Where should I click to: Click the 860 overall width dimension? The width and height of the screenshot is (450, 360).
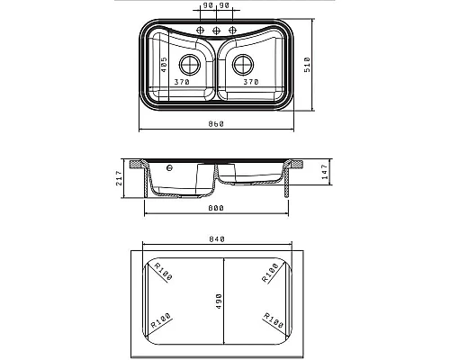coord(216,123)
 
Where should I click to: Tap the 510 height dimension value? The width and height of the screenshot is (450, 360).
coord(308,65)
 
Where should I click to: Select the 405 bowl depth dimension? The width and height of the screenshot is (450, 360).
coord(164,65)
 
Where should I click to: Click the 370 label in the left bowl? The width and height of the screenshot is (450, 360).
coord(182,82)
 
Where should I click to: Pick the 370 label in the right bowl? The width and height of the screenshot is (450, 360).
coord(251,82)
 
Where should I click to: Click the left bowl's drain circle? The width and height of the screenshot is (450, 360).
coord(190,65)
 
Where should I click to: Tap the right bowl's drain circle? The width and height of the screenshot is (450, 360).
coord(243,65)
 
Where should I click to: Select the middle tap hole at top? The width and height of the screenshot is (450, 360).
coord(216,31)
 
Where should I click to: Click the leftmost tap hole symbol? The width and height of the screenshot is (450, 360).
coord(200,31)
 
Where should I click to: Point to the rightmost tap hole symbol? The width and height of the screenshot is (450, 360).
coord(232,31)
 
